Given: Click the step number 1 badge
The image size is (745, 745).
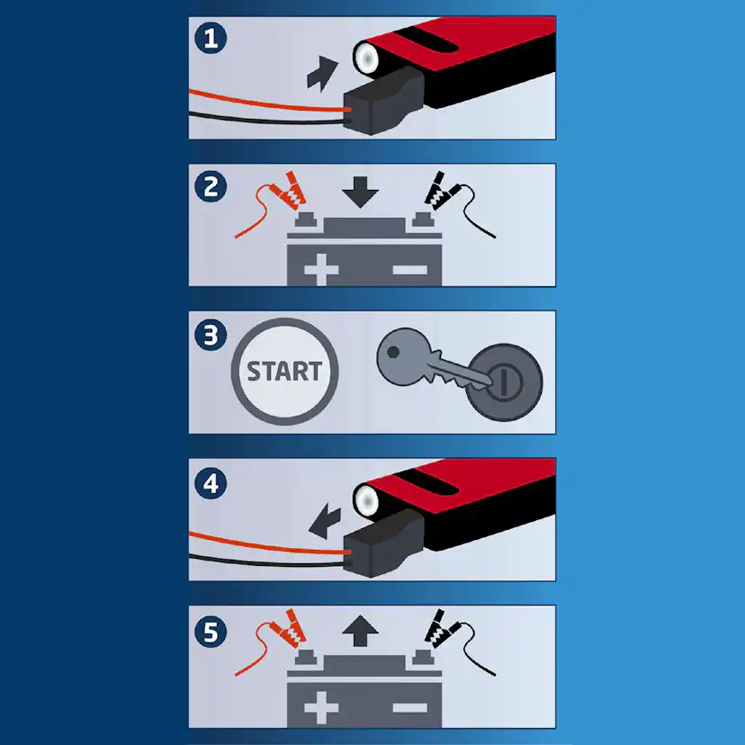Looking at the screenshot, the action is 211,38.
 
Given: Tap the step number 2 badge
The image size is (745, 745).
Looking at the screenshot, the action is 211,186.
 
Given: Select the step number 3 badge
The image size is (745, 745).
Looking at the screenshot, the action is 211,335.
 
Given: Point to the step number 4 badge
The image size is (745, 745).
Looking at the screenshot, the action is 211,484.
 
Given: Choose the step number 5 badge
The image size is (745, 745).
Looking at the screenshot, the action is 211,632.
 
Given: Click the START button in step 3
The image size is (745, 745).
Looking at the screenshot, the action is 284,372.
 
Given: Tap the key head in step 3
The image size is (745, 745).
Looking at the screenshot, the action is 403,356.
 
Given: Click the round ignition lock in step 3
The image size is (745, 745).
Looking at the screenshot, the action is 505,382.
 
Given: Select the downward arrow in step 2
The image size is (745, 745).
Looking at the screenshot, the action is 360,192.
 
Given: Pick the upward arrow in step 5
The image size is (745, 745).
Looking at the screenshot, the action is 360,631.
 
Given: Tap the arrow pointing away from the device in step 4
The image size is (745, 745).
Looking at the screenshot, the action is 325,523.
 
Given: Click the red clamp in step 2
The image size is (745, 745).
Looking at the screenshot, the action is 290,191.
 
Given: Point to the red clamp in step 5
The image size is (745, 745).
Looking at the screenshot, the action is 290,629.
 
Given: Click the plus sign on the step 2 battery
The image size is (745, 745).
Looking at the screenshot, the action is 321,270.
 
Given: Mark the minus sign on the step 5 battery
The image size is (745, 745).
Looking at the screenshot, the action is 410,708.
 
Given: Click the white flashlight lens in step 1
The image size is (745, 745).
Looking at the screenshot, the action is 366,58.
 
